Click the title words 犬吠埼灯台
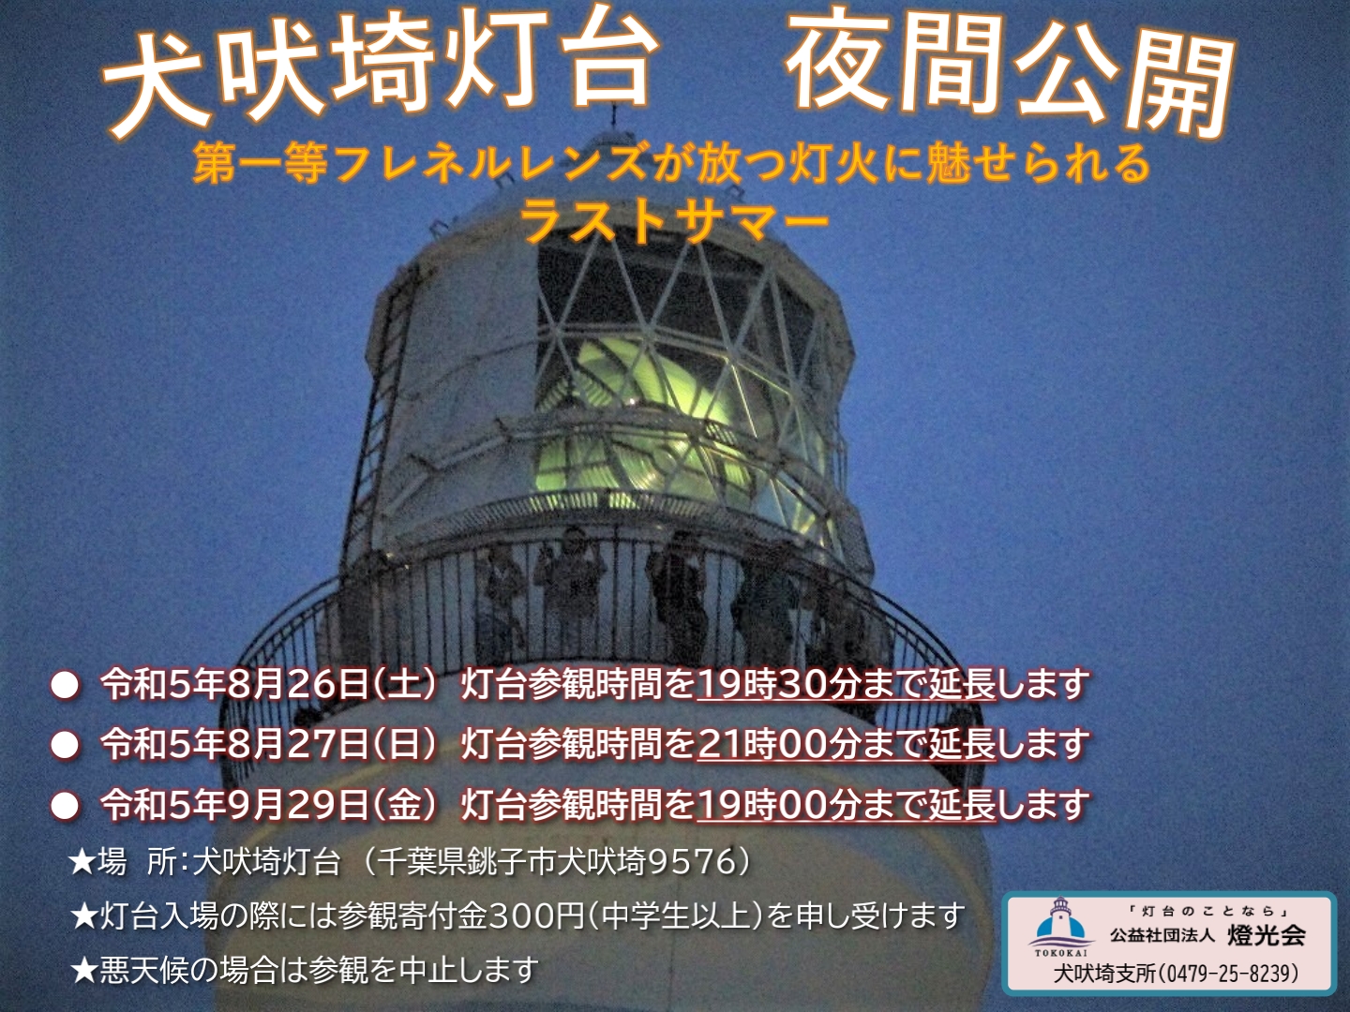click(x=376, y=81)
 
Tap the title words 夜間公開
click(x=1009, y=78)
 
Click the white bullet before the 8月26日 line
click(x=66, y=686)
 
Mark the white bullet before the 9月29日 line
click(x=66, y=805)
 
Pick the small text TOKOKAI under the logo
click(x=1060, y=953)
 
